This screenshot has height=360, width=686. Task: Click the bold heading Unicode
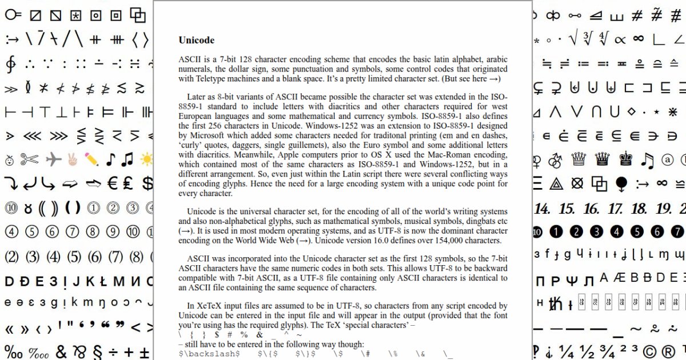[x=196, y=40]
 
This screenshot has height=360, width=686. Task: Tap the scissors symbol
[x=29, y=159]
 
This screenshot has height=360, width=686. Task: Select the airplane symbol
[x=53, y=159]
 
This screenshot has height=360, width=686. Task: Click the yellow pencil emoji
[x=91, y=158]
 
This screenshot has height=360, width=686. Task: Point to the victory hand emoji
[x=72, y=158]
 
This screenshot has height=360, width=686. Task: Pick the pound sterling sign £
[x=128, y=183]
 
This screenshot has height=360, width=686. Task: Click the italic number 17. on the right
[x=615, y=209]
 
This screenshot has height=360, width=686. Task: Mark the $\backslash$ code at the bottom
[x=209, y=354]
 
